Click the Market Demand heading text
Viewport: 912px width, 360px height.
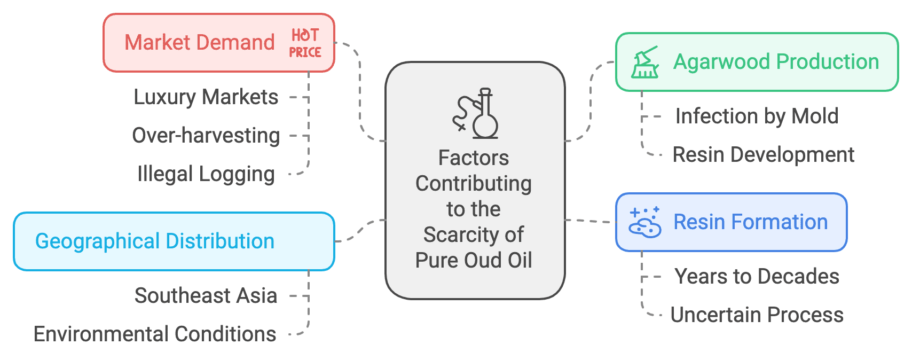(x=199, y=43)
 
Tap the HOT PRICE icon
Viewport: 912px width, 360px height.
(x=305, y=43)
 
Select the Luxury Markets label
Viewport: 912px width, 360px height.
(x=206, y=97)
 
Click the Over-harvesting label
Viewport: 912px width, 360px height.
(x=206, y=136)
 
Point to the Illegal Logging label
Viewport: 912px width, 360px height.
(x=206, y=174)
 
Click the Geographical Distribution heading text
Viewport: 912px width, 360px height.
(x=154, y=241)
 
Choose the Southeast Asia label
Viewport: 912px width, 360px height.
(x=206, y=296)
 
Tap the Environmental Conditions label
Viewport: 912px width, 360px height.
(x=154, y=334)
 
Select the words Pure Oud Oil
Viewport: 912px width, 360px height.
(x=474, y=261)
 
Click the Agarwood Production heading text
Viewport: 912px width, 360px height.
(x=776, y=62)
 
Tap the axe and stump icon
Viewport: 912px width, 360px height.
(x=645, y=62)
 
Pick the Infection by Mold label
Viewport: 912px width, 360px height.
(x=757, y=116)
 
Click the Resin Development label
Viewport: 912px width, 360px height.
(x=763, y=155)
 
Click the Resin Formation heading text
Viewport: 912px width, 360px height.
(x=750, y=222)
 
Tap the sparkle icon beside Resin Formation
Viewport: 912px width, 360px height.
(x=645, y=222)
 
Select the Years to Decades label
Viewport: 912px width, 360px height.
(x=757, y=277)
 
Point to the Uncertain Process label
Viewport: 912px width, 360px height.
(x=757, y=315)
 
